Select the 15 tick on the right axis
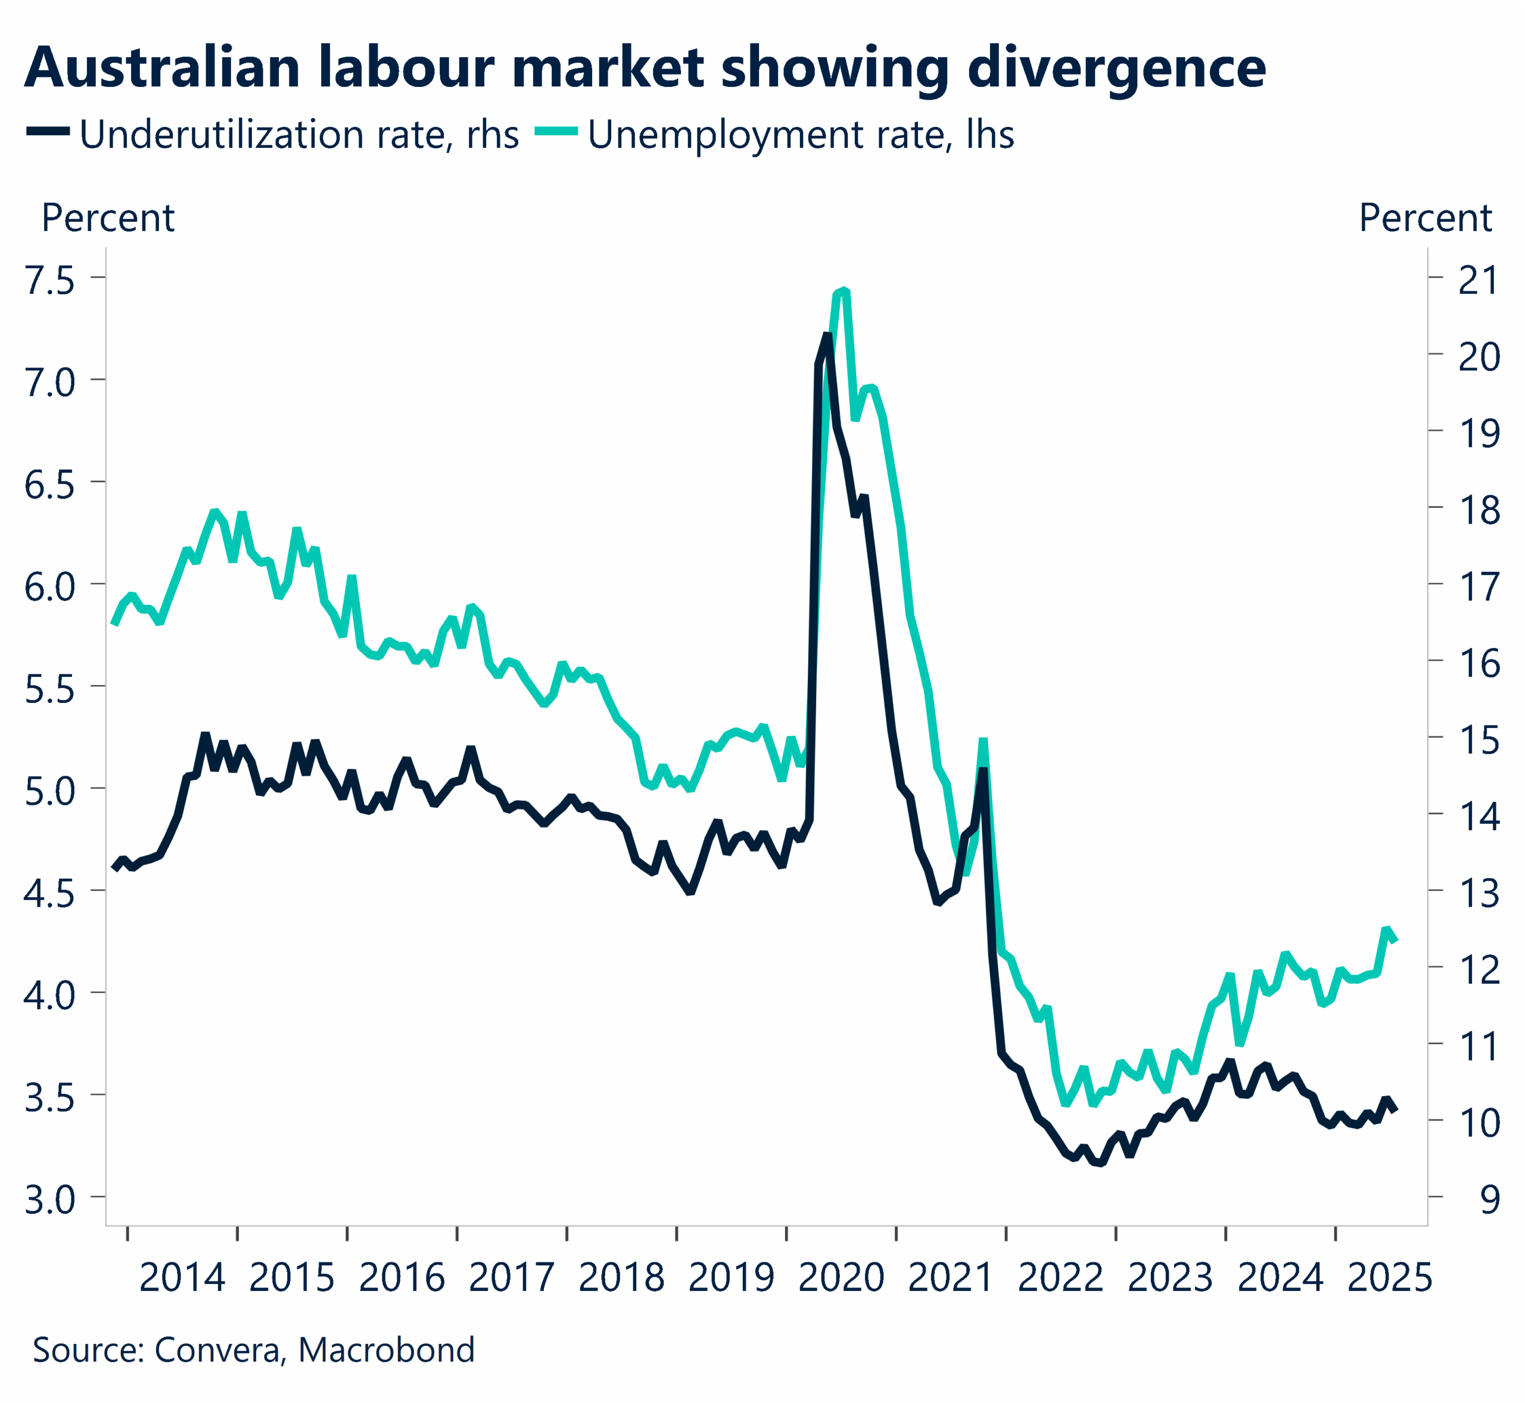click(1478, 740)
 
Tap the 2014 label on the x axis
click(182, 1278)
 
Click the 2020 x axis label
click(841, 1278)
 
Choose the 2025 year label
click(1389, 1278)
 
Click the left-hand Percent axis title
click(108, 219)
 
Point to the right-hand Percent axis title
click(1425, 219)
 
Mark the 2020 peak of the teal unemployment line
click(845, 291)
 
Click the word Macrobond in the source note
click(387, 1350)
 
